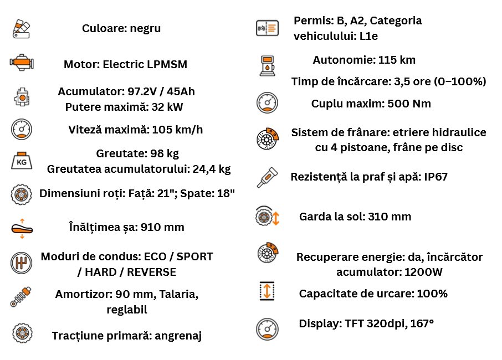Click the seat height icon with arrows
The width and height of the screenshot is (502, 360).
pos(22,228)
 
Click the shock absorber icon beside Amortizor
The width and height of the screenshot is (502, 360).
pos(22,296)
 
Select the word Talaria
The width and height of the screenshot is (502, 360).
pos(177,295)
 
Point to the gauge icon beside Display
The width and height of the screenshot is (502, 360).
pos(267,329)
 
